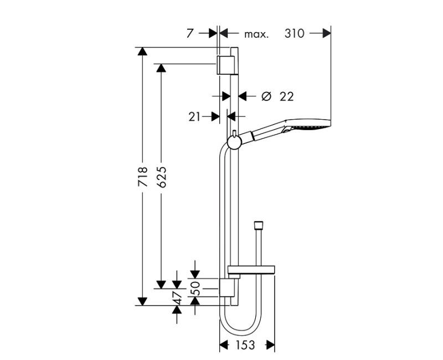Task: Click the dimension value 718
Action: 142,176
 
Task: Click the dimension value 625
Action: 161,176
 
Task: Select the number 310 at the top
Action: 295,33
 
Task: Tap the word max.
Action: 256,34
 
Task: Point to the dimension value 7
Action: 190,33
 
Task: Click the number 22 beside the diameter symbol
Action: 286,96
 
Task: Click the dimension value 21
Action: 194,116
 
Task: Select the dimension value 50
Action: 195,287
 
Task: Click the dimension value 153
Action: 244,345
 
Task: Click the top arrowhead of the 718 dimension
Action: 142,52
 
